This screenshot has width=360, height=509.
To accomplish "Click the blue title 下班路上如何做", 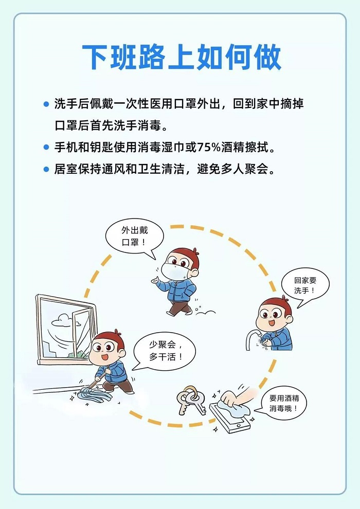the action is (182, 58).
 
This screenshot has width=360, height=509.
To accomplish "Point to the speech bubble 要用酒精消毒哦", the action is (282, 404).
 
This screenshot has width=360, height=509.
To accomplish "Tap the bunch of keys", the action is (191, 400).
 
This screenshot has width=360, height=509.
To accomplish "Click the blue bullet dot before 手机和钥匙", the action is (46, 148).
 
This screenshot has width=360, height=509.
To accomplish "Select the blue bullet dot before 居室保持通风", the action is (46, 169).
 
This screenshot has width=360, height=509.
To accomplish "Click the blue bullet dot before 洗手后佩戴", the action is (46, 104).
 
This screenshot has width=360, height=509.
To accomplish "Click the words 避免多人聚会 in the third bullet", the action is (232, 169).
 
